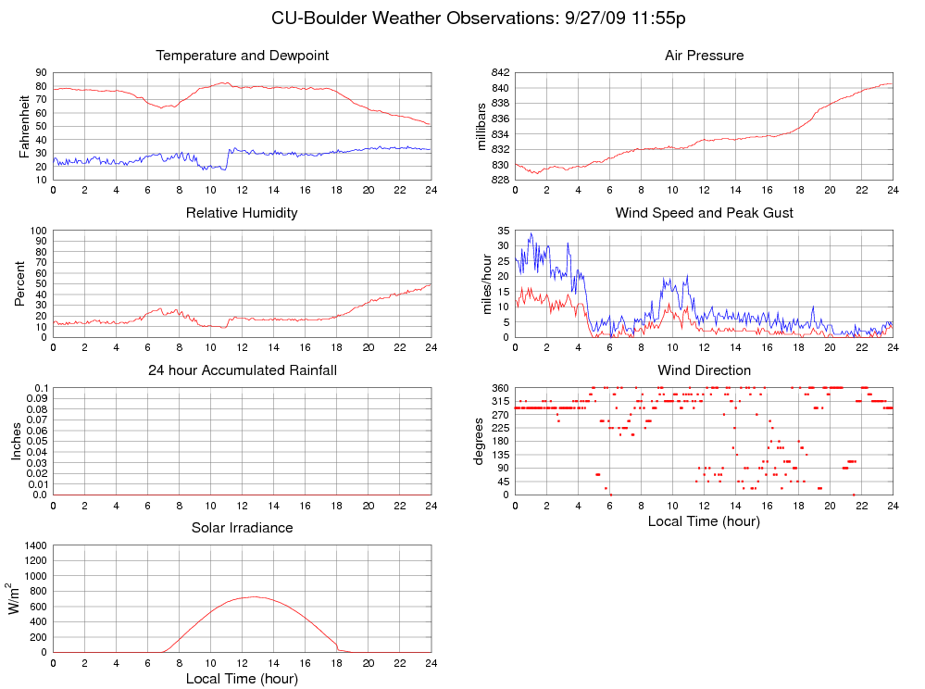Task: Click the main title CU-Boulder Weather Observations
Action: coord(478,18)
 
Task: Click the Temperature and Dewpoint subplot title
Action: coord(243,56)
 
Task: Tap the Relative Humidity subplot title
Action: coord(242,213)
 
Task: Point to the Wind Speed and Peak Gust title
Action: coord(704,213)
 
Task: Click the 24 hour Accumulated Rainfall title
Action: coord(243,370)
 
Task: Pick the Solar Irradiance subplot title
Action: coord(243,528)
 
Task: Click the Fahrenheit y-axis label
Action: coord(25,126)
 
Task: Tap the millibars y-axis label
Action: coord(481,126)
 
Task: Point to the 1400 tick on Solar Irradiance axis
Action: coord(33,545)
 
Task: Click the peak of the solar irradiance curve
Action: coord(253,596)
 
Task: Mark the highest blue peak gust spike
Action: coord(531,233)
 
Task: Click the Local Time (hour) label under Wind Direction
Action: coord(704,521)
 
